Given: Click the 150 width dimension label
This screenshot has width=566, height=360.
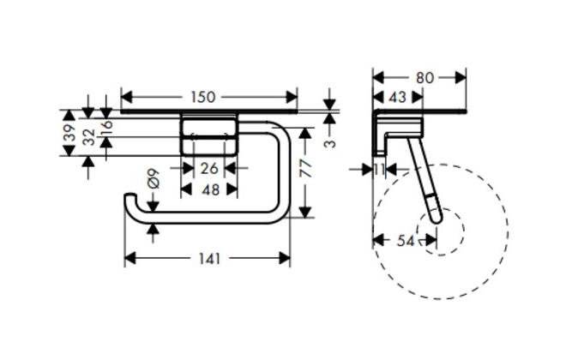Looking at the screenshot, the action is click(x=203, y=97).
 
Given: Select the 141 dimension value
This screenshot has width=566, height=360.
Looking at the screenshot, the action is click(x=209, y=258).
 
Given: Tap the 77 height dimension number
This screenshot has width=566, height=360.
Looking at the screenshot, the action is click(x=306, y=169).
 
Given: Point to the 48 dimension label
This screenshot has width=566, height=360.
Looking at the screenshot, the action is click(x=210, y=189).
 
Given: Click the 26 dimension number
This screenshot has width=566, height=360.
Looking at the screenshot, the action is click(x=209, y=168).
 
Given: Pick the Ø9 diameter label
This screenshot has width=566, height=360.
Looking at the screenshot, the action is click(x=153, y=178).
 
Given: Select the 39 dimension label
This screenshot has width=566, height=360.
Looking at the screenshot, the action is click(x=69, y=132).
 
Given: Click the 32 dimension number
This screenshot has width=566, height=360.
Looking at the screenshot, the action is click(x=88, y=137).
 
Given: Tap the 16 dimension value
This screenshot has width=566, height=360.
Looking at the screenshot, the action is click(x=107, y=128).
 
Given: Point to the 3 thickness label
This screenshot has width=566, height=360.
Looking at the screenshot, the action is click(x=329, y=143).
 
